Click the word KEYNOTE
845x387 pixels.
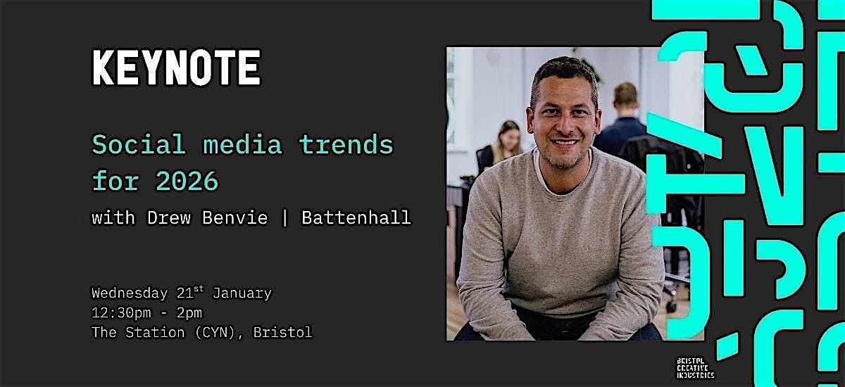click(x=176, y=68)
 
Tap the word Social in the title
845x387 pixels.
click(x=139, y=145)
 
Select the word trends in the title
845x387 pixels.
click(x=346, y=145)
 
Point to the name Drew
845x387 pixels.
click(x=168, y=218)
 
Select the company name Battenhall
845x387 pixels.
click(x=356, y=218)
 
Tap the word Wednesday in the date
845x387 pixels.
click(x=130, y=293)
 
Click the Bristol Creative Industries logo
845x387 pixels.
click(x=694, y=367)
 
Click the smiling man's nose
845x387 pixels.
click(x=563, y=122)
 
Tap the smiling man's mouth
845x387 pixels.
click(x=565, y=142)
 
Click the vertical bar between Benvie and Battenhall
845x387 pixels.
click(x=285, y=218)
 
